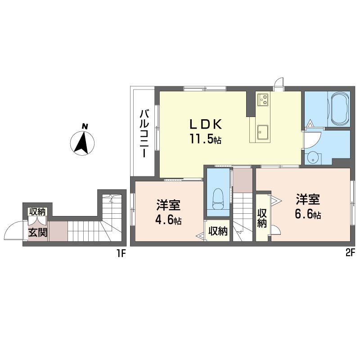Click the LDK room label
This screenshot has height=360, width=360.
point(205,125)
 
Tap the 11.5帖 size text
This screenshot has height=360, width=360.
point(205,139)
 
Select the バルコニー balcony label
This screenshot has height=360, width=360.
point(144,134)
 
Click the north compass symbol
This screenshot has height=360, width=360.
point(82,140)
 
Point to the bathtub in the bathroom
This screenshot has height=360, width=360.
point(339,108)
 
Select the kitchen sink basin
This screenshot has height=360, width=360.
point(263,132)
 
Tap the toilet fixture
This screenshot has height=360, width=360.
point(218,199)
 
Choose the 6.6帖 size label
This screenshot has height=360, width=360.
point(308,214)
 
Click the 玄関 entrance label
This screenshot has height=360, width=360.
point(38,233)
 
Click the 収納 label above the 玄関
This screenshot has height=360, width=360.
point(38,211)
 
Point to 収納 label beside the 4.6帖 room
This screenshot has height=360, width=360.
point(218,231)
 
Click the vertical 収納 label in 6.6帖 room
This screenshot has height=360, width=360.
point(262,218)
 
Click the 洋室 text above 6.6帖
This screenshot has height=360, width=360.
point(308,199)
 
